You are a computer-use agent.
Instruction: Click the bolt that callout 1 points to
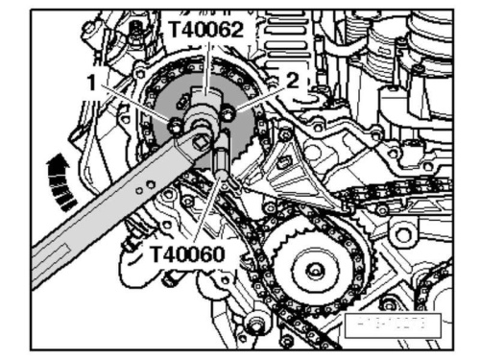(175, 124)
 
